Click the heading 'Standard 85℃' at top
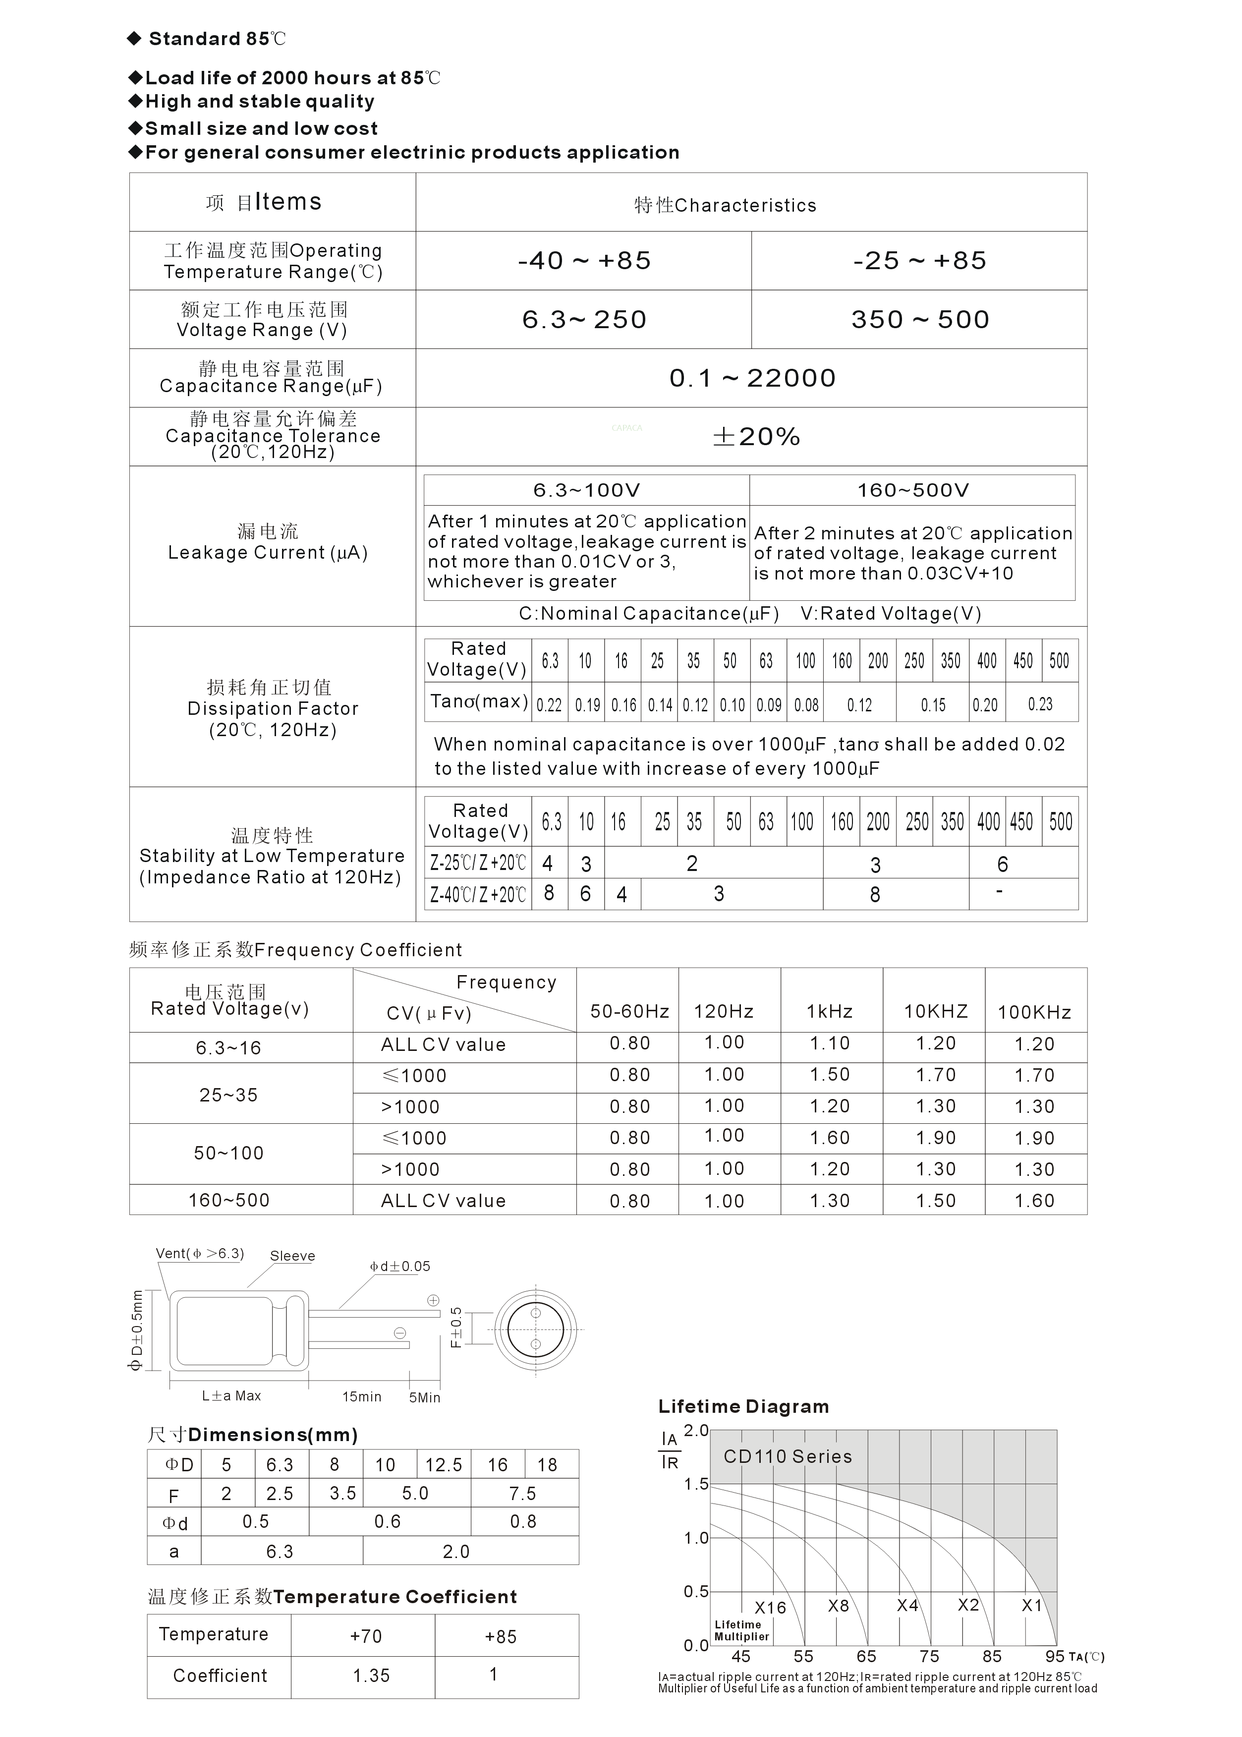(217, 39)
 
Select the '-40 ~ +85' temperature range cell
(584, 261)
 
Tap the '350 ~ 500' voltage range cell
(920, 320)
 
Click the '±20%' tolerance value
(756, 437)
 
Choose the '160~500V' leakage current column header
(912, 490)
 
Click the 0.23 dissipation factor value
(1040, 704)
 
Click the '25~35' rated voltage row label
(228, 1095)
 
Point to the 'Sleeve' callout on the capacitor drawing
(292, 1256)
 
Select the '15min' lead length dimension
(361, 1396)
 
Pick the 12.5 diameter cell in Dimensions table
(444, 1465)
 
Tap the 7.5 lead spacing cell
(523, 1493)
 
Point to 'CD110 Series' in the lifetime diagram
(788, 1456)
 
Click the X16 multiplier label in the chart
(770, 1608)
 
